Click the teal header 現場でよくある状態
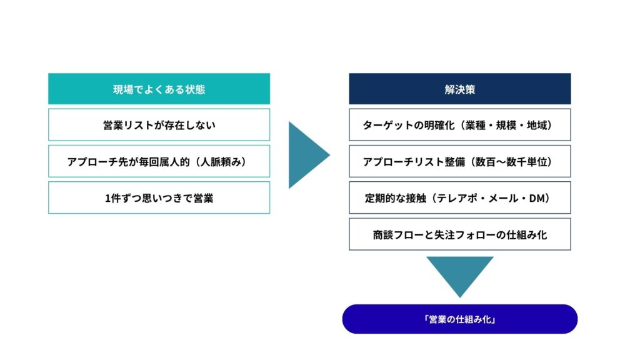click(x=159, y=89)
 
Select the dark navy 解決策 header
click(x=459, y=89)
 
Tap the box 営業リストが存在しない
click(x=159, y=125)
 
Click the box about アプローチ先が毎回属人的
click(x=159, y=161)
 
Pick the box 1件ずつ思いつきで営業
click(x=159, y=198)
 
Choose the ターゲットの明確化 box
click(x=459, y=125)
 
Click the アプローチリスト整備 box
click(x=459, y=161)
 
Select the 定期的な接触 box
click(x=459, y=198)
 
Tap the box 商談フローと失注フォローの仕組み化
click(x=459, y=234)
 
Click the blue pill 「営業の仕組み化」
click(x=459, y=319)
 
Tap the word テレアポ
click(x=457, y=198)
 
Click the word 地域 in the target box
click(x=537, y=125)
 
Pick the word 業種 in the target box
click(x=475, y=125)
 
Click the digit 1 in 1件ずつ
click(x=107, y=198)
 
